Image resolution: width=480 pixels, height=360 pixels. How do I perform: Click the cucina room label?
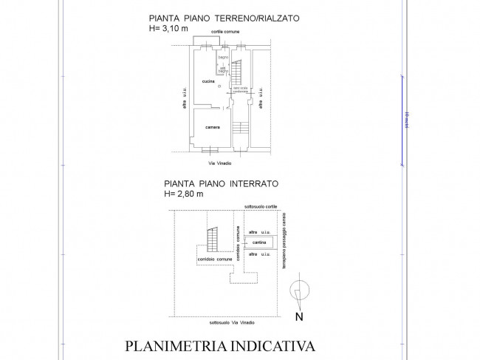pyautogui.click(x=208, y=81)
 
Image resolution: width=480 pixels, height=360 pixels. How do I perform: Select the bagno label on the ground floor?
pyautogui.click(x=223, y=56)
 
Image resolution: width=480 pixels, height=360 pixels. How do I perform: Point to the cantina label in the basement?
pyautogui.click(x=258, y=242)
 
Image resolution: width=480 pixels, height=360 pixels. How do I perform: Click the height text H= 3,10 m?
pyautogui.click(x=168, y=28)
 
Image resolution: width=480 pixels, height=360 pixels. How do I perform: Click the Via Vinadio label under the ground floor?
pyautogui.click(x=223, y=163)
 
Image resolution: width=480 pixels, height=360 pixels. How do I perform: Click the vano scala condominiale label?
pyautogui.click(x=241, y=90)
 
